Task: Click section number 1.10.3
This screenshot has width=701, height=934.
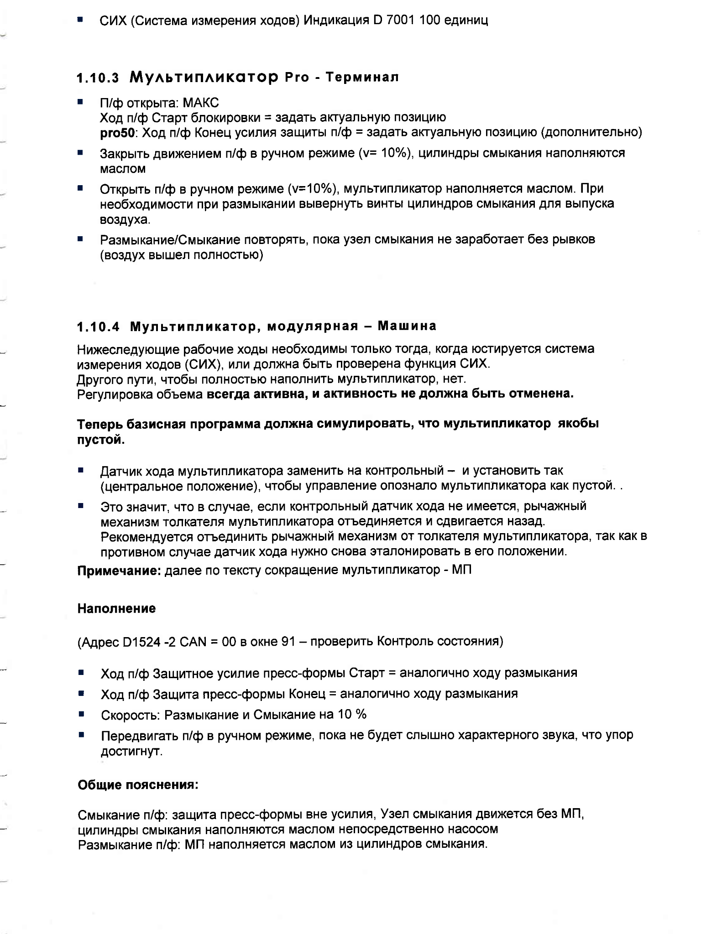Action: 98,78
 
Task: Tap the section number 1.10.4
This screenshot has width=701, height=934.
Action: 98,327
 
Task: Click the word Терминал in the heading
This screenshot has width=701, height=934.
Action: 362,77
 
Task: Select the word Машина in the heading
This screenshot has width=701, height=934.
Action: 408,326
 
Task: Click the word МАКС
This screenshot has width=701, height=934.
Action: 201,102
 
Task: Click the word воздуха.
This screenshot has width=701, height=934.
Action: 125,219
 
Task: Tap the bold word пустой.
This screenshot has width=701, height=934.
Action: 100,440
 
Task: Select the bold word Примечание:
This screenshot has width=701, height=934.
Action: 119,571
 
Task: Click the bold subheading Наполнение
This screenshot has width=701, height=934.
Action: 116,608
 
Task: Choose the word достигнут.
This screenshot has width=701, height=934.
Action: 131,751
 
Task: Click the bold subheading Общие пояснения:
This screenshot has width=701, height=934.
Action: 138,785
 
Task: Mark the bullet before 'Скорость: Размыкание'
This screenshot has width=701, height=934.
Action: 81,713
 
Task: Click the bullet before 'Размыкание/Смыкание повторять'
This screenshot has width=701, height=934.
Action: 80,239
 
